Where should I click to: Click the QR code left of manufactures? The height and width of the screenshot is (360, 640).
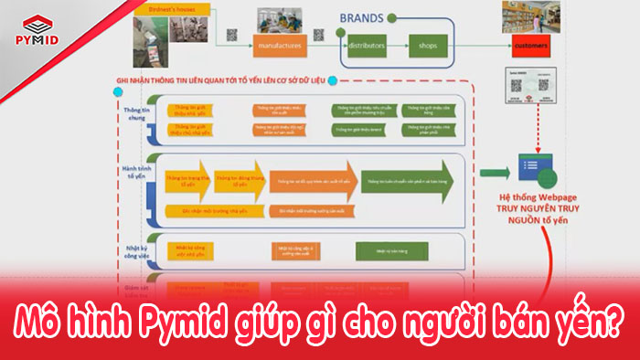pos(231,35)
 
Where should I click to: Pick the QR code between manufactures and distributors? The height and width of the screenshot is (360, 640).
pos(319,35)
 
